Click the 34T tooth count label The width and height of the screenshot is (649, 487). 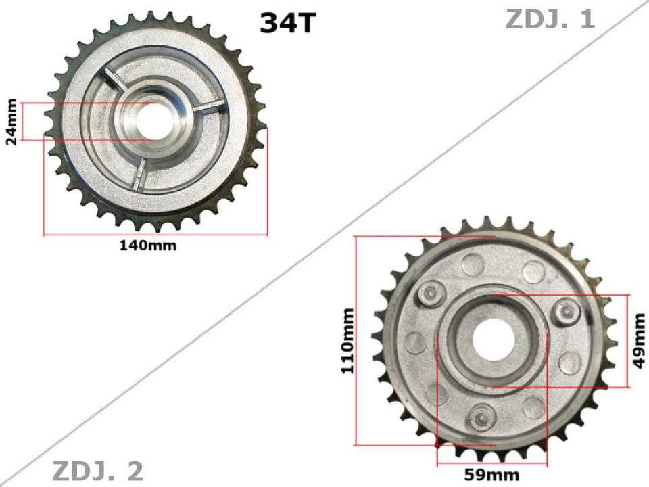pos(287,23)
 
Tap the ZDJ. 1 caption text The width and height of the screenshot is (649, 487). pos(550,19)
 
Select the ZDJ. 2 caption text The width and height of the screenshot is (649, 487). pos(97,471)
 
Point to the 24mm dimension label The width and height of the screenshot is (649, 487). pos(11,122)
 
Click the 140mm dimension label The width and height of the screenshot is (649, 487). pos(148,246)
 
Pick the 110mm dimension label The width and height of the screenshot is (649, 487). pos(347,342)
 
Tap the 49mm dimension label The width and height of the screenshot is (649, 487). pos(639,341)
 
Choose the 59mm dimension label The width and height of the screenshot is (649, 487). pos(491,474)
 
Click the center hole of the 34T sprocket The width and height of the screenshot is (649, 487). pos(157,121)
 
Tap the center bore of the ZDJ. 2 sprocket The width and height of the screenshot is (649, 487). pos(492,340)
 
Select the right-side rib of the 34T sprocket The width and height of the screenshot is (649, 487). pos(208,107)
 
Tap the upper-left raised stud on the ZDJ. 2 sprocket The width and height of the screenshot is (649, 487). pos(431,293)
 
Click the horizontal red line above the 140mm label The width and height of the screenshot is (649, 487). pos(155,235)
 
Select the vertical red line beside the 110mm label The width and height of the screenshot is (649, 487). pos(355,342)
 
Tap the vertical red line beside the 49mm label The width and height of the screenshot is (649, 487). pos(629,341)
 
